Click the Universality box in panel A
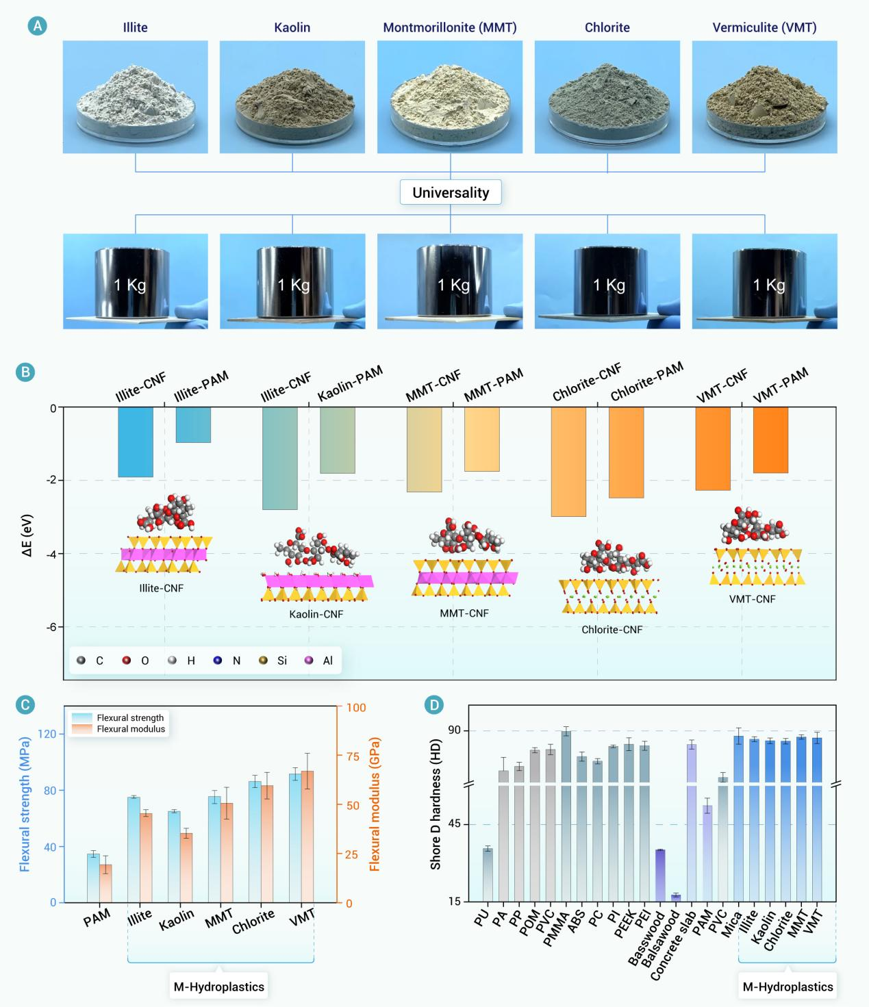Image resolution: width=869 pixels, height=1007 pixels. pyautogui.click(x=451, y=192)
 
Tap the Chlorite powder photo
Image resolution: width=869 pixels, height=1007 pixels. pyautogui.click(x=607, y=97)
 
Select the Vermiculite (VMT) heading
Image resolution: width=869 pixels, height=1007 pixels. pyautogui.click(x=764, y=28)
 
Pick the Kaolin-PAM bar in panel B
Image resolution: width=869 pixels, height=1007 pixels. pyautogui.click(x=338, y=440)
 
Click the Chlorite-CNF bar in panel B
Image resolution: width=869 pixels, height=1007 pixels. pyautogui.click(x=568, y=461)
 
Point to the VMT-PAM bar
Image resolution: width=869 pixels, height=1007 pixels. pyautogui.click(x=770, y=440)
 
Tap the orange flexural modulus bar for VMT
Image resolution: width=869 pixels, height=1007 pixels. pyautogui.click(x=307, y=837)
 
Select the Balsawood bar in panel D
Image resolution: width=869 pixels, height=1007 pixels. pyautogui.click(x=676, y=897)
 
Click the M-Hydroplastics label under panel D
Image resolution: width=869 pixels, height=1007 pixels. pyautogui.click(x=788, y=986)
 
